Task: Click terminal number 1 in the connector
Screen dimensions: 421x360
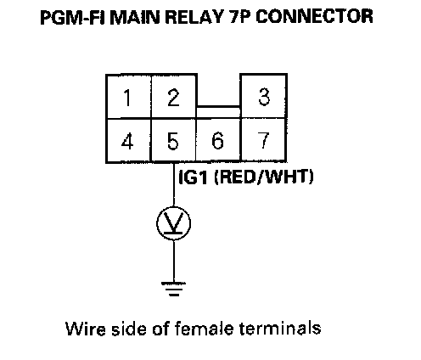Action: click(129, 97)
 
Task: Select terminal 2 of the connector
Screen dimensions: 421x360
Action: click(174, 97)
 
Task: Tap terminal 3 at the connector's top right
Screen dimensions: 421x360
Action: click(264, 97)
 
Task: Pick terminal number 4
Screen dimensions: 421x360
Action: click(129, 141)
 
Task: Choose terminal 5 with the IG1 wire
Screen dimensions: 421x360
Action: click(173, 141)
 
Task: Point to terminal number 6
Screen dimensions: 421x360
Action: click(218, 141)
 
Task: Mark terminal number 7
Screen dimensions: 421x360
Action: click(264, 141)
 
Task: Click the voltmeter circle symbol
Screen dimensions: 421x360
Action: click(174, 223)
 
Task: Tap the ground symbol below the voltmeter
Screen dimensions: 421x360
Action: click(174, 289)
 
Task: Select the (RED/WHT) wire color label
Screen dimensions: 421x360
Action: click(264, 177)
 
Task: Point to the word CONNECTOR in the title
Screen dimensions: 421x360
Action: click(314, 17)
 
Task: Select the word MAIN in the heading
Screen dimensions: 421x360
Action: click(136, 17)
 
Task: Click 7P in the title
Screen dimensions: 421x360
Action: click(239, 17)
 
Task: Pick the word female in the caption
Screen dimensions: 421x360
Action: click(204, 329)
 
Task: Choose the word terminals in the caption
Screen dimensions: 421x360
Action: click(280, 329)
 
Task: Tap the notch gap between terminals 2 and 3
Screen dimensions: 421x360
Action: click(218, 91)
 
